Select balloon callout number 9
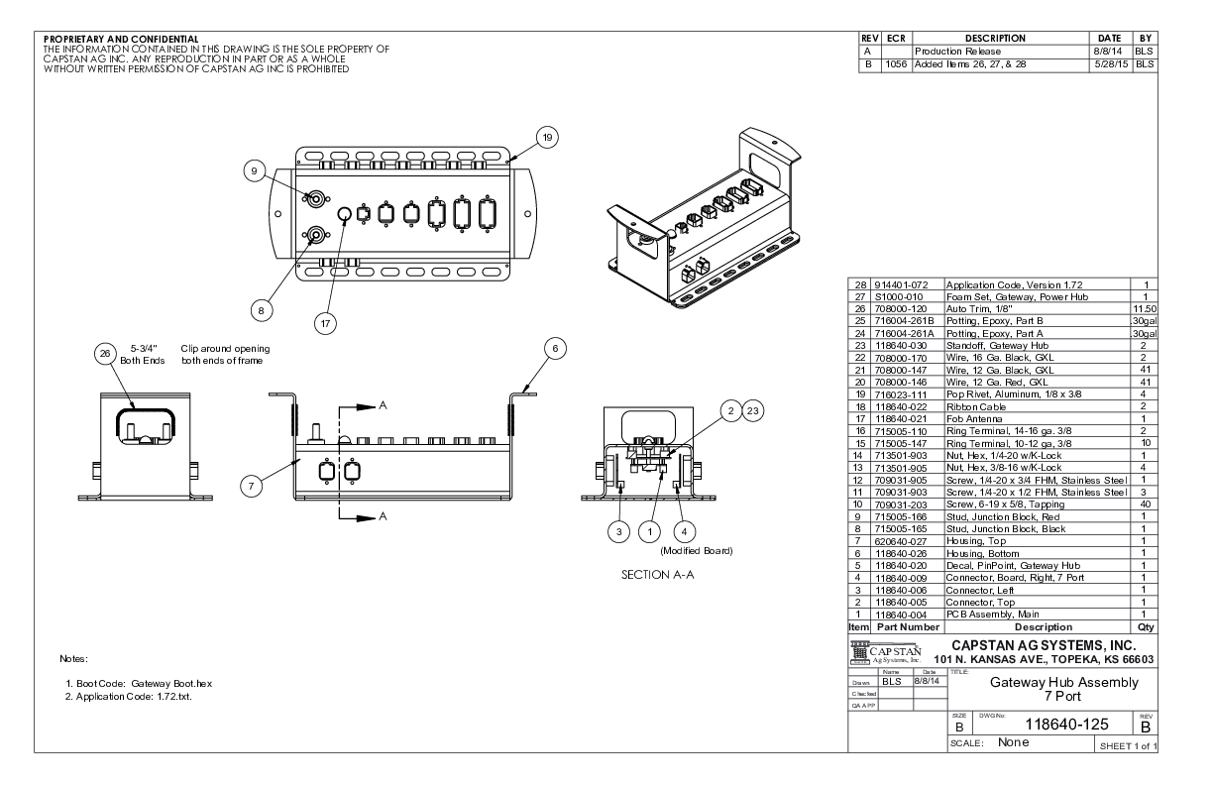[254, 171]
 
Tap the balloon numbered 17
[325, 321]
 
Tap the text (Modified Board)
[697, 551]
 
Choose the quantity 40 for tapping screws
[1144, 505]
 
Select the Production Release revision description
[957, 51]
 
